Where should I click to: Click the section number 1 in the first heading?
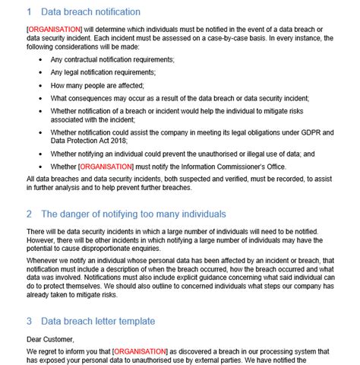coord(29,12)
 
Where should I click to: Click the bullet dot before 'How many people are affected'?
coord(39,86)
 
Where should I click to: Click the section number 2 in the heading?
coord(29,214)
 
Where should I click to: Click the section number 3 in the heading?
coord(29,321)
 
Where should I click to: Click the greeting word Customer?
coord(58,340)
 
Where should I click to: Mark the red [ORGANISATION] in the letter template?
coord(139,352)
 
